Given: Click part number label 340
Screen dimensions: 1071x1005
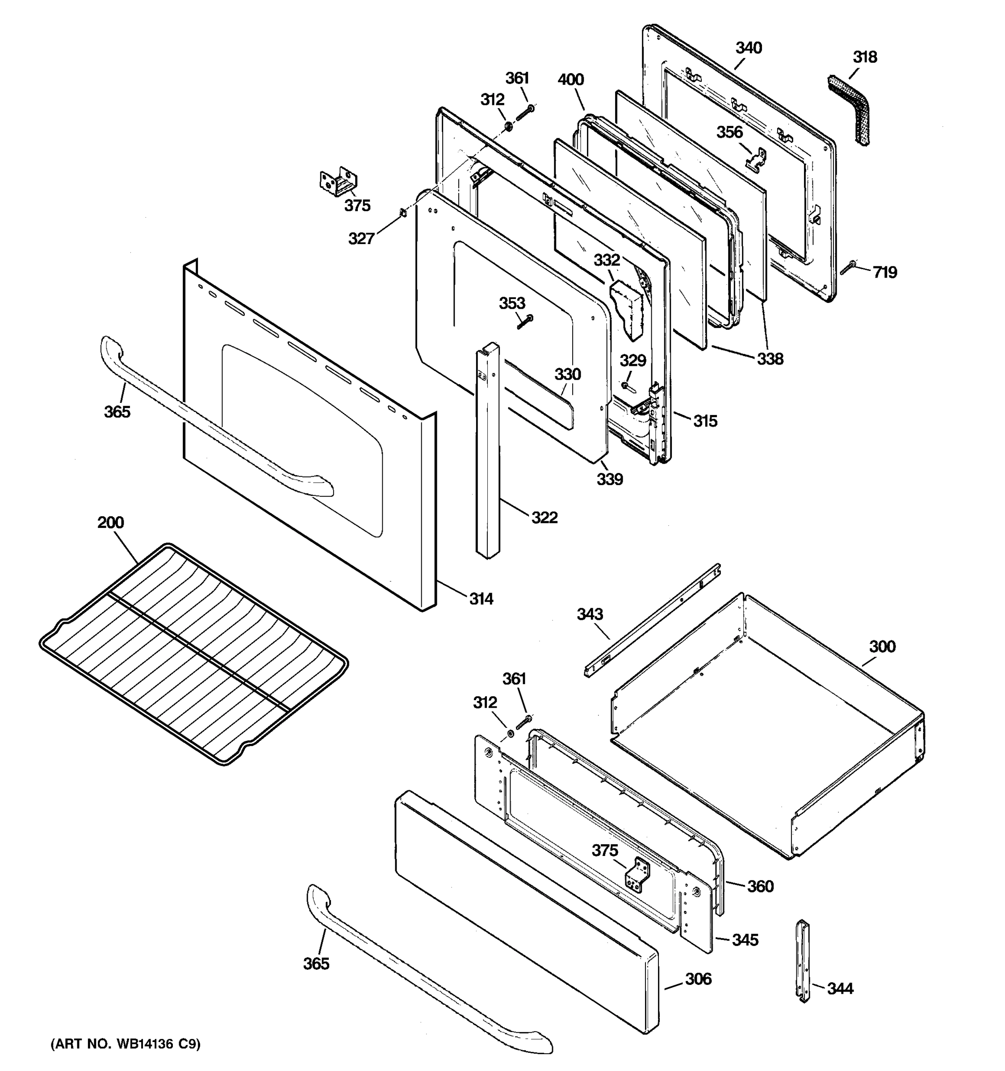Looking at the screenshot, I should pyautogui.click(x=749, y=48).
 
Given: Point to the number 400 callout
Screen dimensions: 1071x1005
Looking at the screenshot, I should pyautogui.click(x=570, y=80).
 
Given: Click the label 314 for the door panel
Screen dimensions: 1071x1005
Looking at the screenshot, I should pyautogui.click(x=481, y=598).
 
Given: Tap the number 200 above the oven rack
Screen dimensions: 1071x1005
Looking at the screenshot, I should pyautogui.click(x=110, y=522).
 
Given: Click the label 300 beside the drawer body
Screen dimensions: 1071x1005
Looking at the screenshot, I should pyautogui.click(x=882, y=647).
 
